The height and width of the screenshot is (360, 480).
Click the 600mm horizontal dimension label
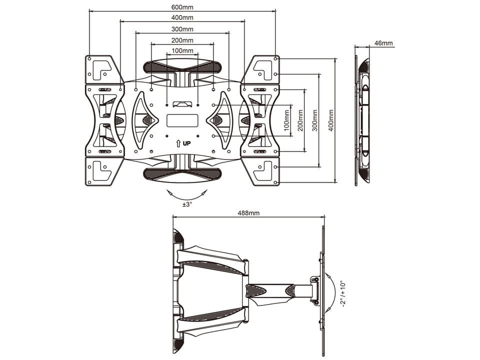(182, 7)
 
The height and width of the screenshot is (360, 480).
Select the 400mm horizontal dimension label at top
(182, 18)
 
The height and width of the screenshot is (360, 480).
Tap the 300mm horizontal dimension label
(182, 29)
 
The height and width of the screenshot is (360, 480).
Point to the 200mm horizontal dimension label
(182, 40)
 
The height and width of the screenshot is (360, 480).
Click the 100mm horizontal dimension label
(182, 51)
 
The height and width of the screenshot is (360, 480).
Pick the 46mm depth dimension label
(384, 43)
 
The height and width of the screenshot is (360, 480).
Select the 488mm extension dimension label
(248, 213)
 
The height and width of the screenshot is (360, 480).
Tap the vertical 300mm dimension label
(314, 120)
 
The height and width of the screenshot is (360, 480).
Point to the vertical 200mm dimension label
(300, 120)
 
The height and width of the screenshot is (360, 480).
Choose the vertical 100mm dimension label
(286, 120)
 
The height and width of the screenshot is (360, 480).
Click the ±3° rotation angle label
(186, 204)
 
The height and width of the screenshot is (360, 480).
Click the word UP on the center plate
(186, 143)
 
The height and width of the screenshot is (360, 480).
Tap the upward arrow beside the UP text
(178, 143)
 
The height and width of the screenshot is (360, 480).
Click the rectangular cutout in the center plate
(182, 120)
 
